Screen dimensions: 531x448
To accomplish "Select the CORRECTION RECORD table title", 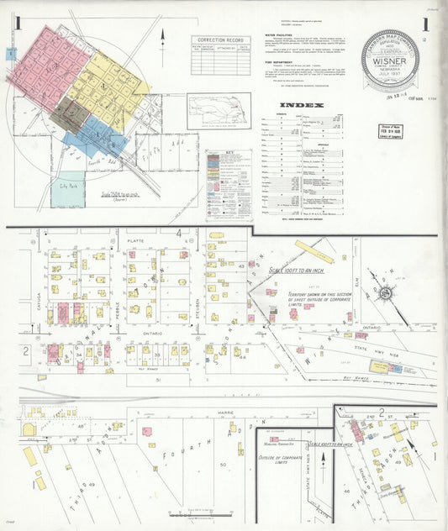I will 219,39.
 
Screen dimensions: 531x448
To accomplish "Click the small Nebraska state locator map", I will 218,109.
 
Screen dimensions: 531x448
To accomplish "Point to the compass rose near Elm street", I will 386,293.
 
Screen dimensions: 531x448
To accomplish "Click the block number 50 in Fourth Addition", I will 222,464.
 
